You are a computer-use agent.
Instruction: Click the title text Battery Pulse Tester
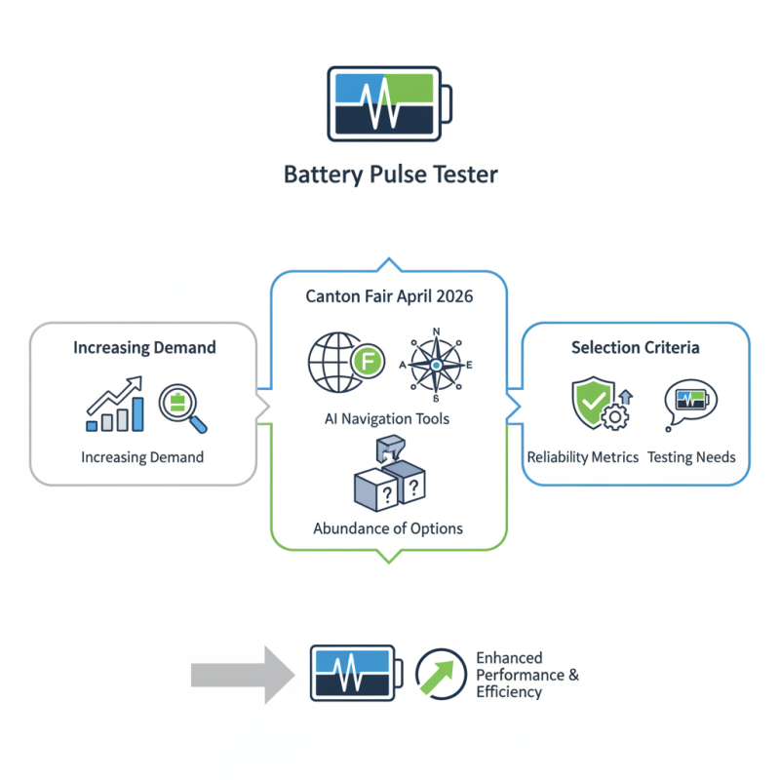click(390, 175)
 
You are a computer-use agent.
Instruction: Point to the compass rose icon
click(436, 365)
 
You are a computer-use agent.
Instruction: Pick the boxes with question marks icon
click(388, 476)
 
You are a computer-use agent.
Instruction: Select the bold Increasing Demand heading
click(143, 347)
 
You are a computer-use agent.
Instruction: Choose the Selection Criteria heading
click(636, 347)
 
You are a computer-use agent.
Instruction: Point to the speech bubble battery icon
click(689, 403)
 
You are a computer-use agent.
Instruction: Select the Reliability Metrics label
click(583, 456)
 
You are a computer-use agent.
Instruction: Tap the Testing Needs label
click(691, 456)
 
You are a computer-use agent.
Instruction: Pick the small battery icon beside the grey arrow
click(355, 672)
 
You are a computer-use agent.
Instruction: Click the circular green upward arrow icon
click(440, 673)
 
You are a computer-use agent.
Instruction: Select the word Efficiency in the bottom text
click(509, 692)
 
